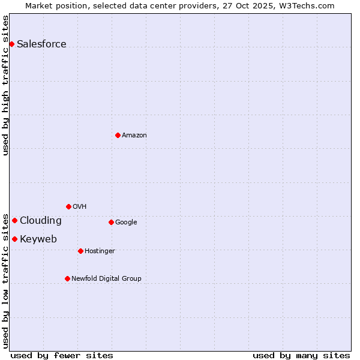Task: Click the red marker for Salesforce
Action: coord(11,44)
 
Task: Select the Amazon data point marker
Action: coord(118,135)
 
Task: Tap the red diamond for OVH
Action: coord(68,206)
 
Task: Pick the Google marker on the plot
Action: coord(111,222)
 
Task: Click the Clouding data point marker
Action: coord(14,220)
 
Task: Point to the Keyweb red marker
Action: coord(14,239)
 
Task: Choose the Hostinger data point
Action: coord(80,251)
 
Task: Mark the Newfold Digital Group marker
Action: coord(67,278)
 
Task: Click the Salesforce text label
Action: coord(41,44)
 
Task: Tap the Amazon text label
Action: coord(134,135)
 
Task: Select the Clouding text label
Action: coord(40,220)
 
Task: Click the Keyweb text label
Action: coord(38,239)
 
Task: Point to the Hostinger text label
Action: coord(100,251)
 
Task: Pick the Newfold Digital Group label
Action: coord(106,278)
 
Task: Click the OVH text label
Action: coord(80,206)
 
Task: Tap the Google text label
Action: coord(126,222)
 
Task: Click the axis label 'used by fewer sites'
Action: coord(62,355)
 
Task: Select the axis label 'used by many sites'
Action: coord(301,355)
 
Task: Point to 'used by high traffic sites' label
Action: coord(5,85)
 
